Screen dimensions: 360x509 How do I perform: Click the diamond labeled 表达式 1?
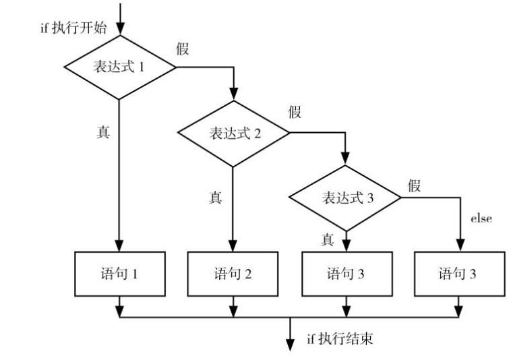point(120,67)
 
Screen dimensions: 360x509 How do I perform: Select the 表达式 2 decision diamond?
point(234,131)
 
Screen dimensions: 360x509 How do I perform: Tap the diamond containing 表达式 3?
point(346,197)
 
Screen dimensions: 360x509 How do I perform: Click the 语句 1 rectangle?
point(120,274)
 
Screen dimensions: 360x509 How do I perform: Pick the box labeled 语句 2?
point(234,274)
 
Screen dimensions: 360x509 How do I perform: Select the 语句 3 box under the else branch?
point(460,274)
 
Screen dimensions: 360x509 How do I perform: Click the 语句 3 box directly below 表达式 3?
point(346,274)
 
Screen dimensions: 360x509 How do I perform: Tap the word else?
point(480,218)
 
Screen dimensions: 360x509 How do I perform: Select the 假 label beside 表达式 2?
point(295,113)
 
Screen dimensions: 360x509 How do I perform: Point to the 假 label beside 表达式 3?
point(414,186)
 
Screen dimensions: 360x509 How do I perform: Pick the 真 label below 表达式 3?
point(328,238)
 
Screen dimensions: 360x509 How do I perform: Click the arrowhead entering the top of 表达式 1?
point(120,30)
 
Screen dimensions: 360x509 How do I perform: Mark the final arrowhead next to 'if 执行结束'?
point(291,345)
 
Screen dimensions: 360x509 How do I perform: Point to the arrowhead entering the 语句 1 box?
point(120,247)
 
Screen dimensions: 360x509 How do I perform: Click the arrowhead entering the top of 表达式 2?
point(234,95)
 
